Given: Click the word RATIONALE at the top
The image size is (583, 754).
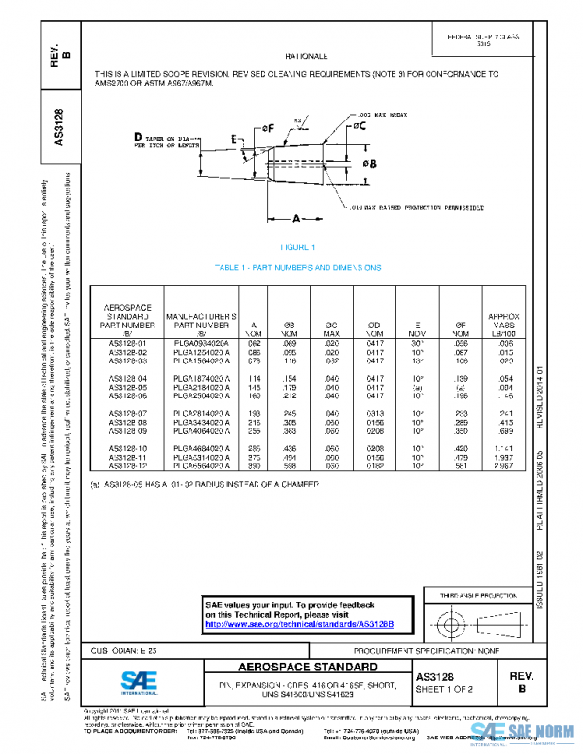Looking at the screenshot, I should pos(306,57).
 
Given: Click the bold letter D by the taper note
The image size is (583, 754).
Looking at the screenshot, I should pos(138,137).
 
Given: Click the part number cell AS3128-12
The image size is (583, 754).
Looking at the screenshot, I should pos(123,466).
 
